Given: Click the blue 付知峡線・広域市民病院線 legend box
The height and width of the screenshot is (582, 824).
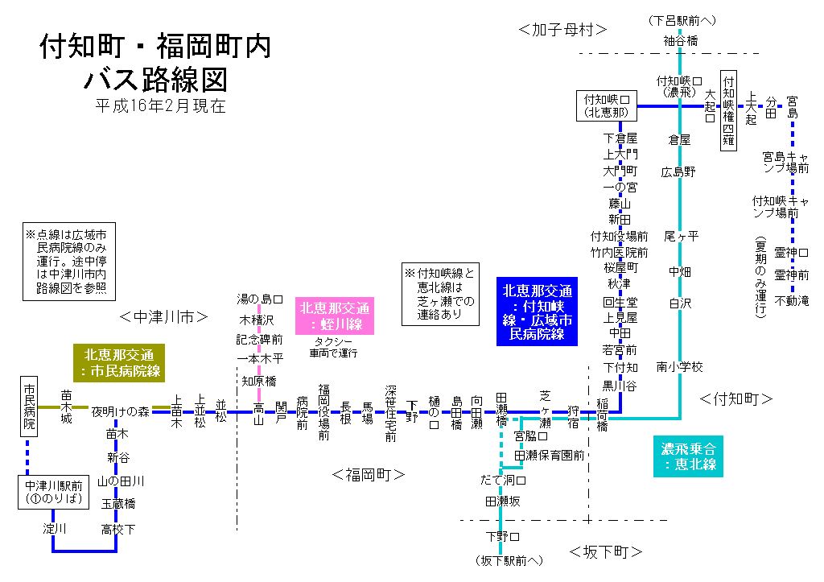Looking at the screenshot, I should coord(538,312).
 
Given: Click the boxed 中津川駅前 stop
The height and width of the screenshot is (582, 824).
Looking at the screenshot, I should coord(54,492).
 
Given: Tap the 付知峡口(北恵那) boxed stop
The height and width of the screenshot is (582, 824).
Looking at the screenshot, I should coord(607,105).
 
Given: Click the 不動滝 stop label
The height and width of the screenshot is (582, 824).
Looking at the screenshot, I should coord(792,300).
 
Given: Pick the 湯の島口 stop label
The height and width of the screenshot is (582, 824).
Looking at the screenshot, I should coord(259,299).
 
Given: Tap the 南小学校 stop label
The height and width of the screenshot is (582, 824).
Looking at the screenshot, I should coord(679,367).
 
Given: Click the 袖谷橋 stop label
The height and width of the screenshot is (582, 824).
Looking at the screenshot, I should coord(680,40).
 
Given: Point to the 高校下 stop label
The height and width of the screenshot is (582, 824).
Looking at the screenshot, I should coord(117,529).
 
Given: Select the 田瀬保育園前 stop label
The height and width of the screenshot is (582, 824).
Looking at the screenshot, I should coord(550,456).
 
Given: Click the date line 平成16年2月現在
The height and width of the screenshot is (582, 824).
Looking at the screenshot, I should coord(159,105).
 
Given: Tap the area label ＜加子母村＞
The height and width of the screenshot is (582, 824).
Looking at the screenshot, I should coord(563,30).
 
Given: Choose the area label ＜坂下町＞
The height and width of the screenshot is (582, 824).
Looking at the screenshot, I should coord(606,552).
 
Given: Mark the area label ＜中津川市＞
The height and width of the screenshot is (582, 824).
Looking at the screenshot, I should coord(164,317).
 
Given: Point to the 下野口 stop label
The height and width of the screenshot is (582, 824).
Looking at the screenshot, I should coord(502,536).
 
